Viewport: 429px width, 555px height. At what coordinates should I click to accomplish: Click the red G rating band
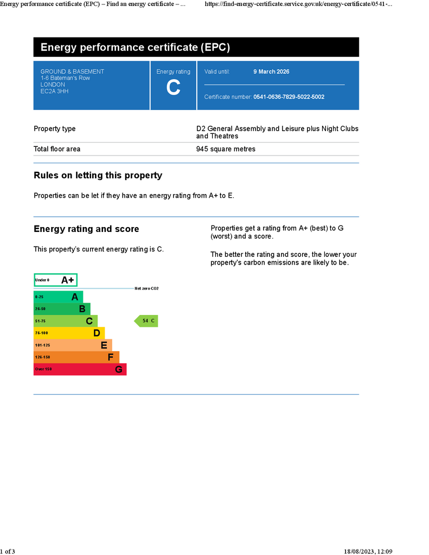pos(80,369)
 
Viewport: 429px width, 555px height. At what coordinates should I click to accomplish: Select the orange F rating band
pos(76,357)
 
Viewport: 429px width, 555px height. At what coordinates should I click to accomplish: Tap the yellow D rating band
pos(69,333)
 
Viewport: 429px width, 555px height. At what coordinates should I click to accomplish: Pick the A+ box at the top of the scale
pos(55,280)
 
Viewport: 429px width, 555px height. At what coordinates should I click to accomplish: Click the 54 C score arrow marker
pos(146,321)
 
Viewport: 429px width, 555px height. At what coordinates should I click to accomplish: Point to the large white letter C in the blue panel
pos(173,88)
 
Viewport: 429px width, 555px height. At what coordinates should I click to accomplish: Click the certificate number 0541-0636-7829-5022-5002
pos(289,97)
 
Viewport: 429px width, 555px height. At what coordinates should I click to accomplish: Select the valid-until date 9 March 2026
pos(271,72)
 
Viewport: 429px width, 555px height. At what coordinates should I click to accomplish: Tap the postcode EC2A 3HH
pos(54,91)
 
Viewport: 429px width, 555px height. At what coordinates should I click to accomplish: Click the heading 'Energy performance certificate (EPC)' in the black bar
pos(135,48)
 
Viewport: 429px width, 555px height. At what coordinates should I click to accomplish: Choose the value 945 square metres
pos(226,149)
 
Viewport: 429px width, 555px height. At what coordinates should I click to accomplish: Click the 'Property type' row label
pos(55,129)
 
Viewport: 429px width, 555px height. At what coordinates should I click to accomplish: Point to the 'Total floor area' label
pos(57,149)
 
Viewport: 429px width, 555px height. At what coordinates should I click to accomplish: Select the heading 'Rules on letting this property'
pos(98,176)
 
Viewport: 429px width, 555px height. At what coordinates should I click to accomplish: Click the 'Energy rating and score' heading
pos(86,229)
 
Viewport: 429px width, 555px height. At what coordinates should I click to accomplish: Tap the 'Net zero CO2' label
pos(146,288)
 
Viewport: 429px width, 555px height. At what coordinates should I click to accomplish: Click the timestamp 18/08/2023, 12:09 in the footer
pos(368,551)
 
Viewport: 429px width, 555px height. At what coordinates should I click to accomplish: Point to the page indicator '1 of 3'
pos(8,551)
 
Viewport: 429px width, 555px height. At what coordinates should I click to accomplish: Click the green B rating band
pos(62,309)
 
